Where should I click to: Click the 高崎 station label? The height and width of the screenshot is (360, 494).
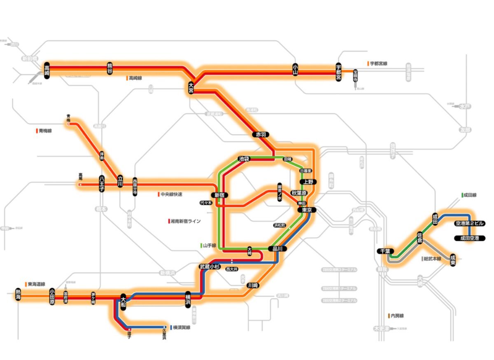point(47,70)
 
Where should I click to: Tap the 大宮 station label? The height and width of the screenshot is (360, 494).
point(191,87)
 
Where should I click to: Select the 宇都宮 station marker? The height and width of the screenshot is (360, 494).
point(339,72)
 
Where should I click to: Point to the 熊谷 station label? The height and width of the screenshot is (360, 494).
point(110,69)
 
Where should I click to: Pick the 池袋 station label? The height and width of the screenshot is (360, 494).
point(244,159)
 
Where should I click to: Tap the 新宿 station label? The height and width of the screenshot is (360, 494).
point(219,195)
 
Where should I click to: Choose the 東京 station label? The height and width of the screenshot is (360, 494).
point(307,210)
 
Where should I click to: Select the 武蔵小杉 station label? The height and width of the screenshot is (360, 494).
point(210,266)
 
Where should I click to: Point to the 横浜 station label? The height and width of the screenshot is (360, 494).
point(188,299)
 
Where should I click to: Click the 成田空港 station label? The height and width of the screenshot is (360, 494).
point(469,238)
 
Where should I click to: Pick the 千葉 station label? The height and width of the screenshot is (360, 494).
point(386,251)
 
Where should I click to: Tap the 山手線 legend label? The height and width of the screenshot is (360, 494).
point(208,245)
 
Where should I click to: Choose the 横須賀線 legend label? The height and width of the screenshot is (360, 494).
point(182,327)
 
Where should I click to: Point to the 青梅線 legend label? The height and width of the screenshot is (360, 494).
point(46,131)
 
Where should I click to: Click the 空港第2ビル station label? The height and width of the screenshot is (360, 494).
point(469,224)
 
